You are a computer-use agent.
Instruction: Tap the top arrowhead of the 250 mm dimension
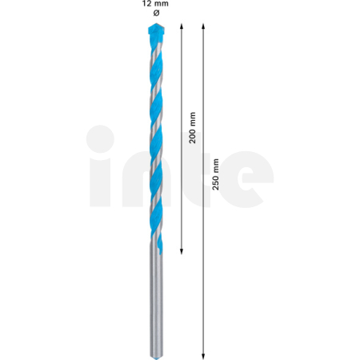point(205,29)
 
